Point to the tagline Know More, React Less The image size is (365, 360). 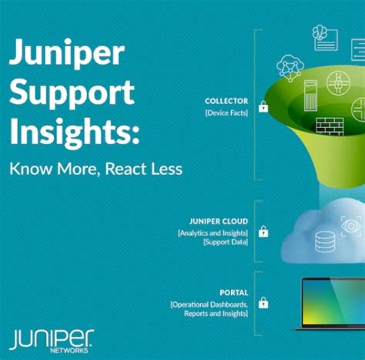click(x=95, y=169)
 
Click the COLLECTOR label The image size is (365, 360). click(x=226, y=101)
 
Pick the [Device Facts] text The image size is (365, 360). click(x=227, y=113)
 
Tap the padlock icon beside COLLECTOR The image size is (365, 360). click(x=263, y=106)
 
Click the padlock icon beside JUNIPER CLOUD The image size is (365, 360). click(x=263, y=231)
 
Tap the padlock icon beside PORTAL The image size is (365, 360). click(x=263, y=303)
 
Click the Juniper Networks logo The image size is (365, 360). click(x=52, y=340)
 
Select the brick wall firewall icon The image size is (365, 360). click(x=330, y=125)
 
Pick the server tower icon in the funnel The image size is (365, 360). click(x=311, y=96)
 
